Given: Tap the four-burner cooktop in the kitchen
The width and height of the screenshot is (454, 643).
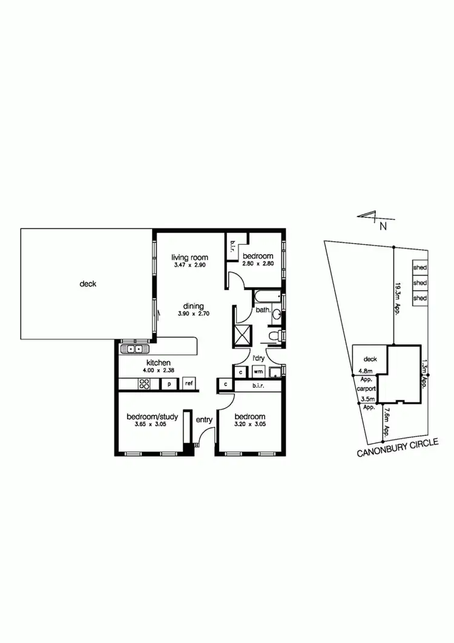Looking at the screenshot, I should pos(145,383).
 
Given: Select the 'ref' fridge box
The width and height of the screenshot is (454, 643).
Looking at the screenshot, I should pos(189,383).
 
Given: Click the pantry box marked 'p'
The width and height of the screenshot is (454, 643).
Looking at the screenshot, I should pos(169,383).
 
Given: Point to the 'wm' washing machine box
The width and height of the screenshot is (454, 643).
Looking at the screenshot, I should pos(257,371).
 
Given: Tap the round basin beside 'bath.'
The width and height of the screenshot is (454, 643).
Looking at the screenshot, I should pos(276,315).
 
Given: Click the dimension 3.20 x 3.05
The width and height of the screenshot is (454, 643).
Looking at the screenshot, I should pos(250,425).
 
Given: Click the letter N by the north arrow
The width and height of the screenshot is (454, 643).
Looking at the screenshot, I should pos(383,227).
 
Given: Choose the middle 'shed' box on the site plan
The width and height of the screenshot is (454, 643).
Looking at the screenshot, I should pos(419,283).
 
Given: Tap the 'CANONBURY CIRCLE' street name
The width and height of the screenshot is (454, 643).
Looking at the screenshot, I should pos(397,448).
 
